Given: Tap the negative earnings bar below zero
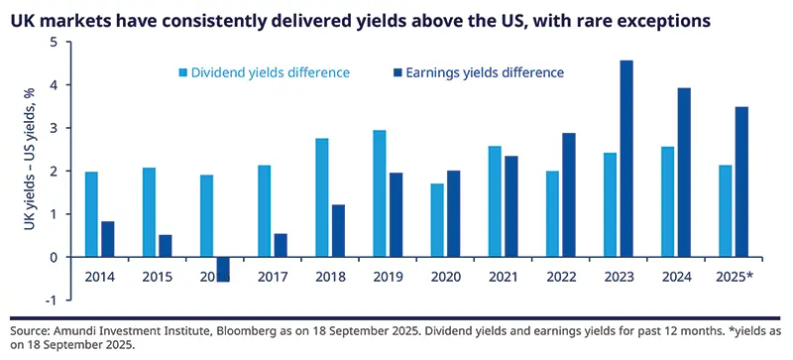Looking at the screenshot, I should (x=223, y=269).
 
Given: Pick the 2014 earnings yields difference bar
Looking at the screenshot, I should (x=107, y=239).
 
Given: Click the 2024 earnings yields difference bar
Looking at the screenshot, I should (x=683, y=173).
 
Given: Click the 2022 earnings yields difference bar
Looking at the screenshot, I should (x=568, y=194).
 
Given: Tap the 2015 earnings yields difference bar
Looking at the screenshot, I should (x=165, y=246).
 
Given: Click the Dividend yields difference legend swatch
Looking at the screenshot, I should (x=183, y=72).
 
